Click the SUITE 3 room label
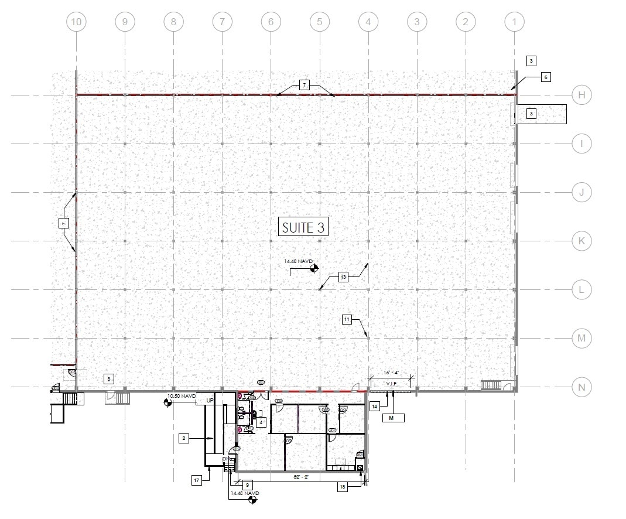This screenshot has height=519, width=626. [303, 227]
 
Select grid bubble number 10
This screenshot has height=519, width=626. [76, 22]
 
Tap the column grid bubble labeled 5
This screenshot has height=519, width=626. [319, 22]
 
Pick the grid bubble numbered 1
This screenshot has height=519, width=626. [514, 22]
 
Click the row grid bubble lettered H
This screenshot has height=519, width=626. [581, 95]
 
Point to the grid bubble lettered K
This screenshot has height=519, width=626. [581, 241]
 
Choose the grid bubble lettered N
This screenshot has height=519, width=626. [581, 387]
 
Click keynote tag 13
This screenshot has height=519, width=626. [343, 277]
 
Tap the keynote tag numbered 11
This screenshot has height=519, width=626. [347, 319]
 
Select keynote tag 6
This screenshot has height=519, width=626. [545, 77]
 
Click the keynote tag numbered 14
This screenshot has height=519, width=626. [375, 405]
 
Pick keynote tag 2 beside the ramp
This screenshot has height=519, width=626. [184, 438]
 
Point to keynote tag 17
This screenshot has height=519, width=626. [197, 480]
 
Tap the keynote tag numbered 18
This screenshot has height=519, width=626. [343, 486]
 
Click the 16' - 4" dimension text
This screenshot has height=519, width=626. [391, 372]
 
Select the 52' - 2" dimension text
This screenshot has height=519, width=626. [302, 477]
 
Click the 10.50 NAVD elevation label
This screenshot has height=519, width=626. [181, 396]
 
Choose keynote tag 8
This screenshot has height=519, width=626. [109, 379]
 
